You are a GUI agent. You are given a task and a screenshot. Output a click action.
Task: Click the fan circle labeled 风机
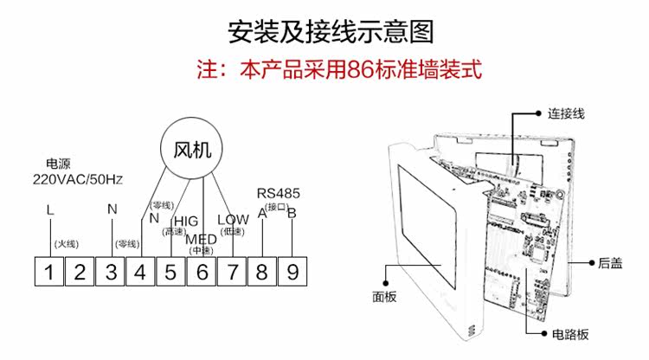click(x=192, y=148)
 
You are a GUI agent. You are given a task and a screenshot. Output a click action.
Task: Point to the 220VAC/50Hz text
click(x=78, y=180)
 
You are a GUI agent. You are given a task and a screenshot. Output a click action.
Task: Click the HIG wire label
click(x=186, y=221)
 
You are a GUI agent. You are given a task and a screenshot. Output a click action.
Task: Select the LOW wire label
click(x=233, y=220)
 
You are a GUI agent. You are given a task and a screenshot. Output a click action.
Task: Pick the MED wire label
click(x=202, y=239)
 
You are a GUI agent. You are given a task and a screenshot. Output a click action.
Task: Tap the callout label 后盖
click(x=611, y=262)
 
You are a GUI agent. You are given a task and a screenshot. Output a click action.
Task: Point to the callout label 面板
click(x=384, y=296)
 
